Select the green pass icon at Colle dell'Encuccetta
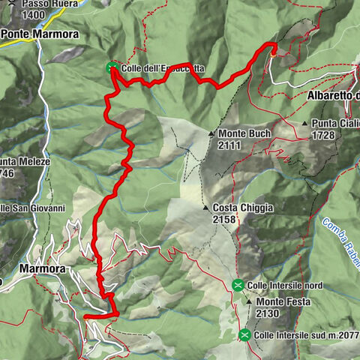[112, 68]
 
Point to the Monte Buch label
[244, 133]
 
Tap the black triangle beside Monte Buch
[211, 133]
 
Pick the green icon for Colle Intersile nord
[238, 284]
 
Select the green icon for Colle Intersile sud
[244, 334]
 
